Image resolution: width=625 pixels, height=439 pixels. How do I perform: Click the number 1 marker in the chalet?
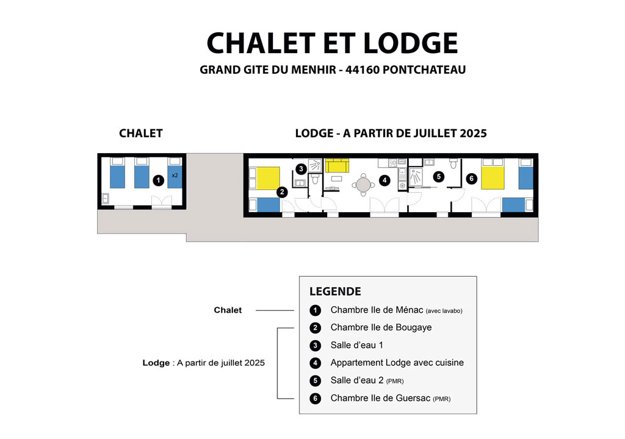pyautogui.click(x=158, y=180)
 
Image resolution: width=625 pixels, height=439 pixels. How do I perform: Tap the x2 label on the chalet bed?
pyautogui.click(x=175, y=175)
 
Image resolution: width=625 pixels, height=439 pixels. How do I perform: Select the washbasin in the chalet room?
pyautogui.click(x=105, y=198)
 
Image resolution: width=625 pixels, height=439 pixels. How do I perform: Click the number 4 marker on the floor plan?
pyautogui.click(x=385, y=180)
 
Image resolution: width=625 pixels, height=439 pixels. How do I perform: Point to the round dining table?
pyautogui.click(x=363, y=185)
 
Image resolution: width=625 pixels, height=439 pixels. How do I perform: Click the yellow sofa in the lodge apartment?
pyautogui.click(x=337, y=165)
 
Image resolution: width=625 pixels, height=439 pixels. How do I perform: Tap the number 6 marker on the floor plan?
pyautogui.click(x=472, y=179)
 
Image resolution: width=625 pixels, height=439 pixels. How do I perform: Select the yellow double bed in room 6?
pyautogui.click(x=493, y=177)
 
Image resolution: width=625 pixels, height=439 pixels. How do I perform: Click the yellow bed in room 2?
pyautogui.click(x=268, y=178)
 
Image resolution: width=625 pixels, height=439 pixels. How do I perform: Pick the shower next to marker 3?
pyautogui.click(x=315, y=165)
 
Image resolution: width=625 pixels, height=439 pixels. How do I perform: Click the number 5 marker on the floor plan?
pyautogui.click(x=439, y=176)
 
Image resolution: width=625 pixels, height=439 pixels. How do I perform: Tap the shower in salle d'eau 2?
pyautogui.click(x=416, y=177)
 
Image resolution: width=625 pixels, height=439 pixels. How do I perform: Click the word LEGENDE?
pyautogui.click(x=335, y=291)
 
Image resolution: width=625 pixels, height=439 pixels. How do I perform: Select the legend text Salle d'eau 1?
pyautogui.click(x=356, y=345)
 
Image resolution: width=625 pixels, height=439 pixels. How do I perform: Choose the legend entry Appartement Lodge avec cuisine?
pyautogui.click(x=397, y=363)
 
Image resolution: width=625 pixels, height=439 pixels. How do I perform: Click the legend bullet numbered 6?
pyautogui.click(x=316, y=398)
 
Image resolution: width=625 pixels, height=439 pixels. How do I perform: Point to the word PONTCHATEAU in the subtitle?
pyautogui.click(x=424, y=70)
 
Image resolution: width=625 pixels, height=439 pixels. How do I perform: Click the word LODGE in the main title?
pyautogui.click(x=411, y=43)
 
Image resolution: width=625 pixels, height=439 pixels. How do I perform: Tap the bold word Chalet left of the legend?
pyautogui.click(x=228, y=310)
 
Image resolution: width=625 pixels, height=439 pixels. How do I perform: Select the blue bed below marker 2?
pyautogui.click(x=269, y=205)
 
